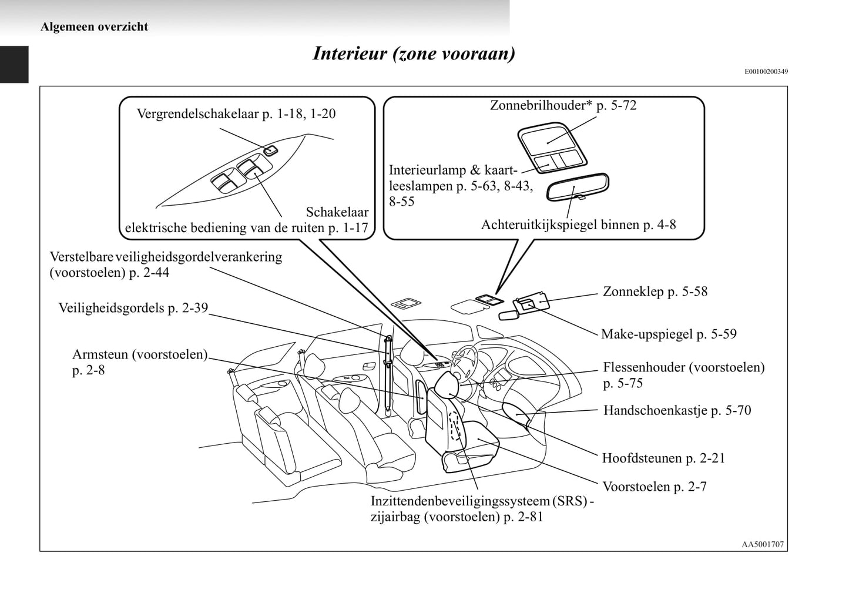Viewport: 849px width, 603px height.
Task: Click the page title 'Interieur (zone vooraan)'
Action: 414,53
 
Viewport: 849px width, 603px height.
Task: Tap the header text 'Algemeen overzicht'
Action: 94,26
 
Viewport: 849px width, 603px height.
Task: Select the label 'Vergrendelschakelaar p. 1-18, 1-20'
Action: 236,113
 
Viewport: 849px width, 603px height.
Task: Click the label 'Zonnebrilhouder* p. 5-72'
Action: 563,105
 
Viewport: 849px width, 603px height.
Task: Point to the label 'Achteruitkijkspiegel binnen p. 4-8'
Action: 578,225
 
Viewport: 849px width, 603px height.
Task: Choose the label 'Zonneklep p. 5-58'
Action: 655,292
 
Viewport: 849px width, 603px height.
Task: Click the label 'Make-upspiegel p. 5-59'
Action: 669,334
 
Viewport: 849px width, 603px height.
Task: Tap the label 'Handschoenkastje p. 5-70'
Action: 677,410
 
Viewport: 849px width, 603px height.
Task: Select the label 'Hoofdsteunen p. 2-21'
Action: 663,458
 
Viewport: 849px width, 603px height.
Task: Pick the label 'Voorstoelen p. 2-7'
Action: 655,487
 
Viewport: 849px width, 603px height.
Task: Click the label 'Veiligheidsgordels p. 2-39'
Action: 133,308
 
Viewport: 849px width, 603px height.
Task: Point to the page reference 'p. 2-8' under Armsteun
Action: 88,370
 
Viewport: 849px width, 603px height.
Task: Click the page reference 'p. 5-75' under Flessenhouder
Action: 623,383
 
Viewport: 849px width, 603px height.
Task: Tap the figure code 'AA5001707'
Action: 762,544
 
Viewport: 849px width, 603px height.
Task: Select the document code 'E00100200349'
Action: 766,72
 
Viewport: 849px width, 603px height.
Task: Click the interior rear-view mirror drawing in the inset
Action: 578,187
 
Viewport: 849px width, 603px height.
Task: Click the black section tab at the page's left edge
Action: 14,65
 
